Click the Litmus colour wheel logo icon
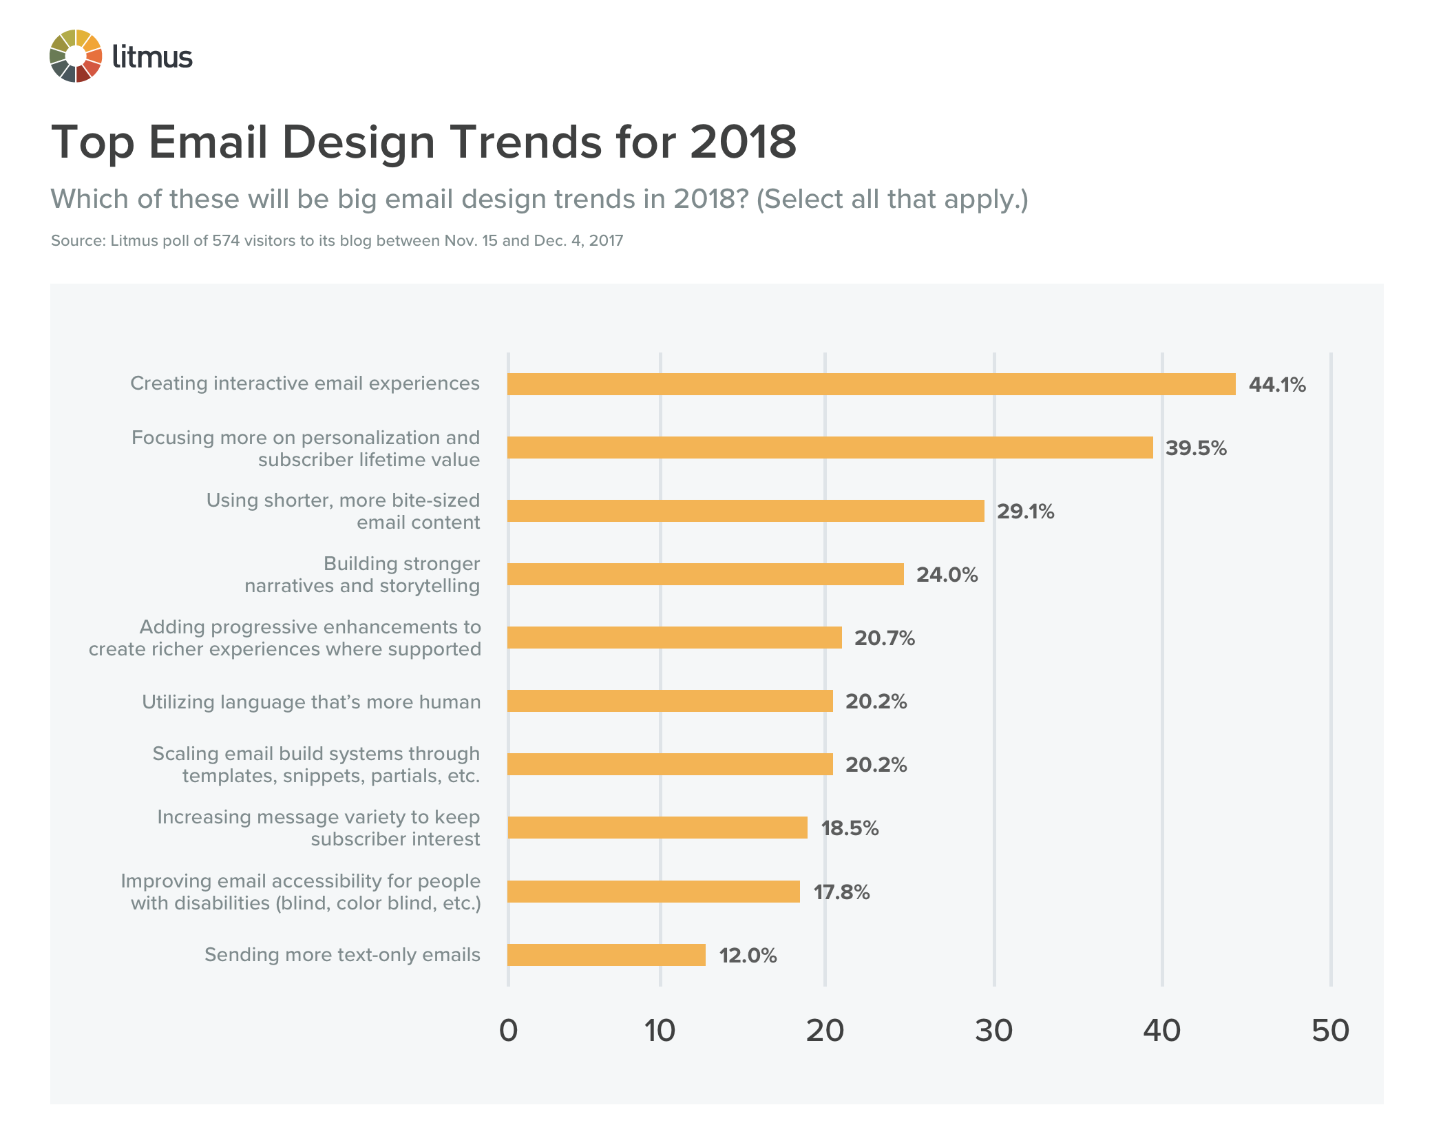click(76, 56)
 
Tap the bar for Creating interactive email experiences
click(871, 384)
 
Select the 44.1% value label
click(1276, 385)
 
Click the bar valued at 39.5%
click(830, 448)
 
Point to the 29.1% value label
click(1025, 512)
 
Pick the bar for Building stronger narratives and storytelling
click(705, 574)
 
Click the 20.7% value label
click(884, 638)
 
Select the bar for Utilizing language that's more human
click(670, 701)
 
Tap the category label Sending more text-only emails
click(342, 955)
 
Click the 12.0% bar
click(607, 955)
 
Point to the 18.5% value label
click(849, 828)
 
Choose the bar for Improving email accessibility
click(653, 892)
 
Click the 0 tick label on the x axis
click(508, 1031)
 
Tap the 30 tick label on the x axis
click(993, 1031)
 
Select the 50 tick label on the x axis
click(1330, 1031)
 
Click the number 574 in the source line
click(225, 241)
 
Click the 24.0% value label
click(947, 575)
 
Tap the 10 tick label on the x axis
click(660, 1031)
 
